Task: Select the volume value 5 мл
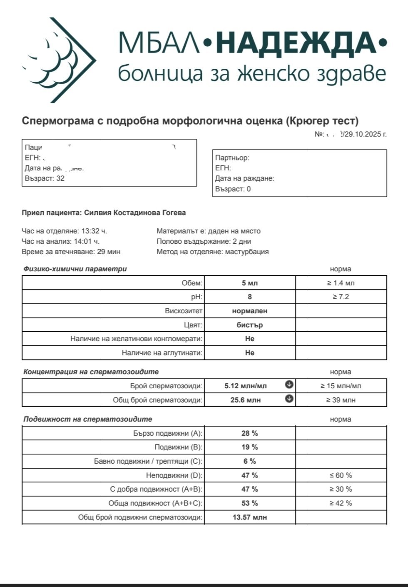point(250,283)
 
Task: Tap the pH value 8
point(250,297)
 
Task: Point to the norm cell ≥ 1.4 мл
point(341,283)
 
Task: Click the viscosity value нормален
point(250,311)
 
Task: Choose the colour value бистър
point(250,325)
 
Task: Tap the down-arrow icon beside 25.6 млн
point(289,399)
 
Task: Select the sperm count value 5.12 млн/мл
point(246,386)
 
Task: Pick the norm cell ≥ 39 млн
point(341,400)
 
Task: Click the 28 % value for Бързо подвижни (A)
point(250,433)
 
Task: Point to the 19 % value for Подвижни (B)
point(250,447)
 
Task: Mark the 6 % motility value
point(250,461)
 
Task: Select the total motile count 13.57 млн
point(250,517)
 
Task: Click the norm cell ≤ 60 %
point(341,475)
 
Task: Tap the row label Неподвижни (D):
point(174,475)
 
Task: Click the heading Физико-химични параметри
point(75,269)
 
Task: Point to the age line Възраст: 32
point(45,178)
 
